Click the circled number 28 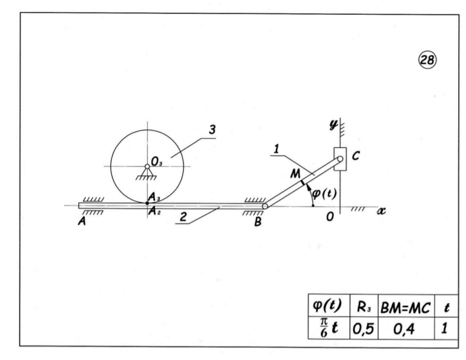428,60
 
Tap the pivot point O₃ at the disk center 147,166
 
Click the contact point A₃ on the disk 147,203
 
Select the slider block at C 340,159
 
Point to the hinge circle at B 265,206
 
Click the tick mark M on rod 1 303,182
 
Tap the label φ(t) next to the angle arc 324,193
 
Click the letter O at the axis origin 330,216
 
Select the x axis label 382,211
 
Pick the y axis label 334,125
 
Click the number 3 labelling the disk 212,130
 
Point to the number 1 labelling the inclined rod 276,149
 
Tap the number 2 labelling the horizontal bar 183,217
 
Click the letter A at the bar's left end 82,221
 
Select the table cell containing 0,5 363,328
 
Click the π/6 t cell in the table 329,328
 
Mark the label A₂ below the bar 154,211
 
